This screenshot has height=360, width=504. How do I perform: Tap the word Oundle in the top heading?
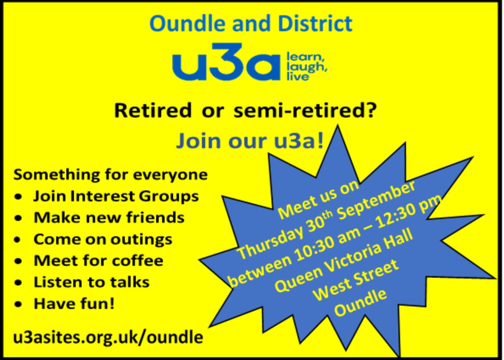tap(187, 23)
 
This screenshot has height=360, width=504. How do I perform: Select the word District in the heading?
tap(315, 23)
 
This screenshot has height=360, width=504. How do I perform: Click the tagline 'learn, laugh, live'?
tap(307, 67)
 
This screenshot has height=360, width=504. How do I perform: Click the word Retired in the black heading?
tap(153, 111)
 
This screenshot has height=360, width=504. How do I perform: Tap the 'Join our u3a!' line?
tap(250, 141)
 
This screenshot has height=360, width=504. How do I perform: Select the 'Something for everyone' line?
tap(110, 175)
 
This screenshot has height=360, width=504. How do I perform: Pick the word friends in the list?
tap(155, 217)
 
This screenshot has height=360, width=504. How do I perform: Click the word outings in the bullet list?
tap(141, 240)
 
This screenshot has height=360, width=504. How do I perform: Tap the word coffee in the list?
tap(137, 261)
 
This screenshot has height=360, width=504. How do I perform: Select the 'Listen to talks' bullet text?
tap(91, 282)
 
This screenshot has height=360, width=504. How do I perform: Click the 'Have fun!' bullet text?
tap(74, 304)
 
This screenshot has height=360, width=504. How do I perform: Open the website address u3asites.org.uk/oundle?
tap(108, 337)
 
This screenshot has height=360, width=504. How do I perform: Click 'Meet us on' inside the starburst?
tap(318, 202)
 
